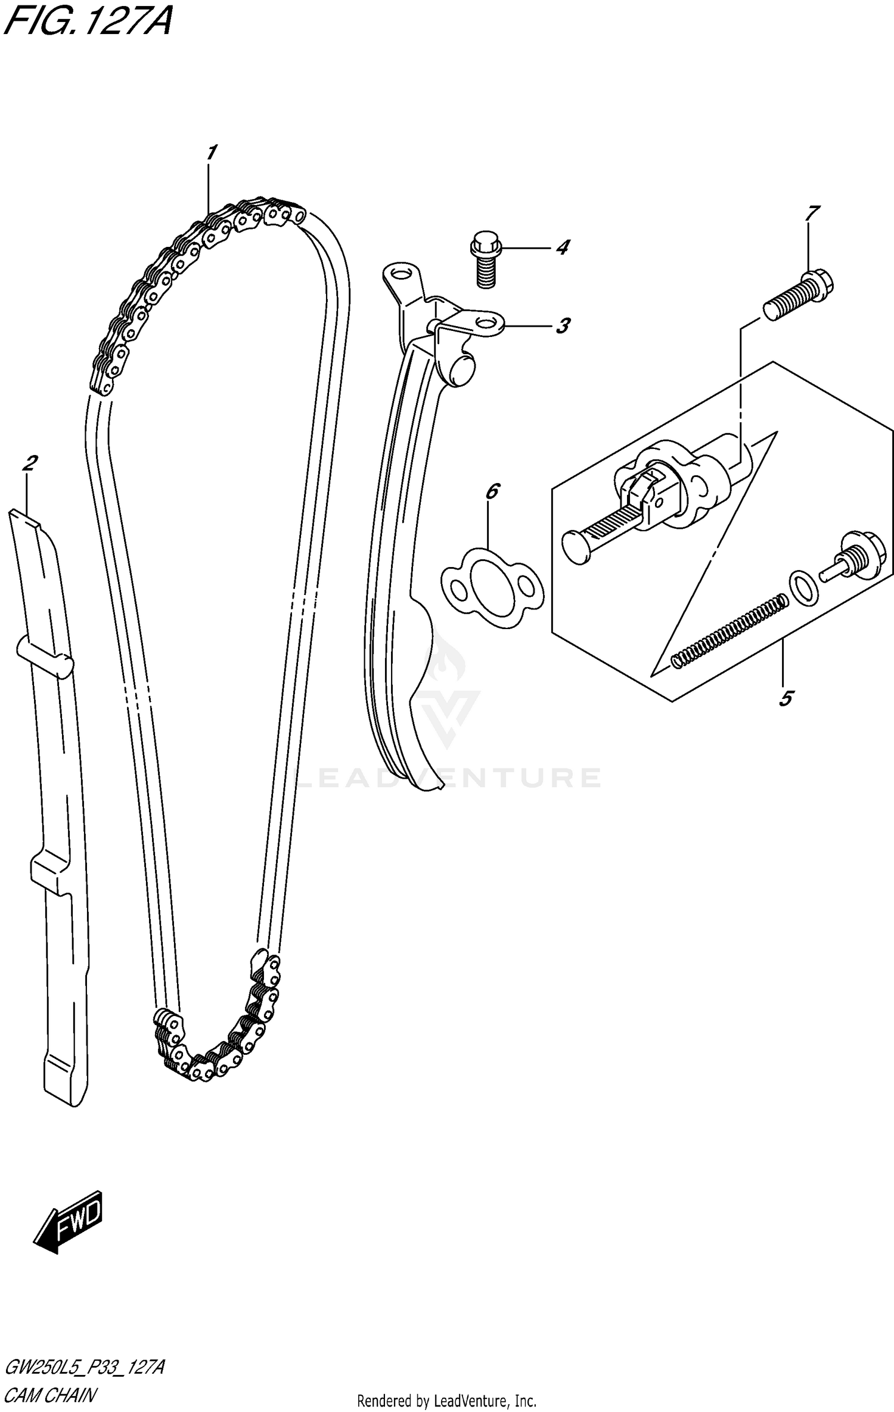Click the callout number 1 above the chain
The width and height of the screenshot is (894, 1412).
coord(211,153)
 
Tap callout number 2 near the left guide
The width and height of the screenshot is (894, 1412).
coord(30,463)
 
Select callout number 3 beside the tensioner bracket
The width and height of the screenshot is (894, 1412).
coord(562,326)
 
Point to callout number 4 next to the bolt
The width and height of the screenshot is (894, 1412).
coord(562,247)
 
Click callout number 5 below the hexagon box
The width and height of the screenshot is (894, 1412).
coord(786,698)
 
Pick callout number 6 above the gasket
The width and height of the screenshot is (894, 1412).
coord(492,491)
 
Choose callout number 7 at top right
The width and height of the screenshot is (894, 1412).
coord(812,213)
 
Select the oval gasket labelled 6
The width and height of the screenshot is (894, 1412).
coord(492,588)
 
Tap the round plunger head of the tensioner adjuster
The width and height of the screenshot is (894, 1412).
coord(577,546)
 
